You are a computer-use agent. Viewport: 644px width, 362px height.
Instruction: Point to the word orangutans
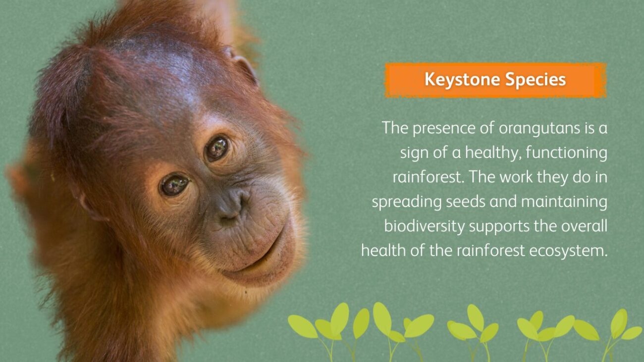point(539,128)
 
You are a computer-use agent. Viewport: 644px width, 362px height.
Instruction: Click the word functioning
point(566,153)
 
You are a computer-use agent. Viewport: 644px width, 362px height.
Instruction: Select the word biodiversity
point(425,226)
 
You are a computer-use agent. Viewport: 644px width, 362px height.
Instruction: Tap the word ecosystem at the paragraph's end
point(568,251)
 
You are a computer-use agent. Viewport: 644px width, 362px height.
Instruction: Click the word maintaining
point(564,202)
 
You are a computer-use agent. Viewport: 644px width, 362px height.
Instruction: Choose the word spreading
point(407,202)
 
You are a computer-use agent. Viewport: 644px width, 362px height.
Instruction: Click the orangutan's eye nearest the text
point(217,148)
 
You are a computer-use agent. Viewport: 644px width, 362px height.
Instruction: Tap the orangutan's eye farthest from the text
point(174,185)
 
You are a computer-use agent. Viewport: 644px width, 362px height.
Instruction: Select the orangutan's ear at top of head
point(243,66)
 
